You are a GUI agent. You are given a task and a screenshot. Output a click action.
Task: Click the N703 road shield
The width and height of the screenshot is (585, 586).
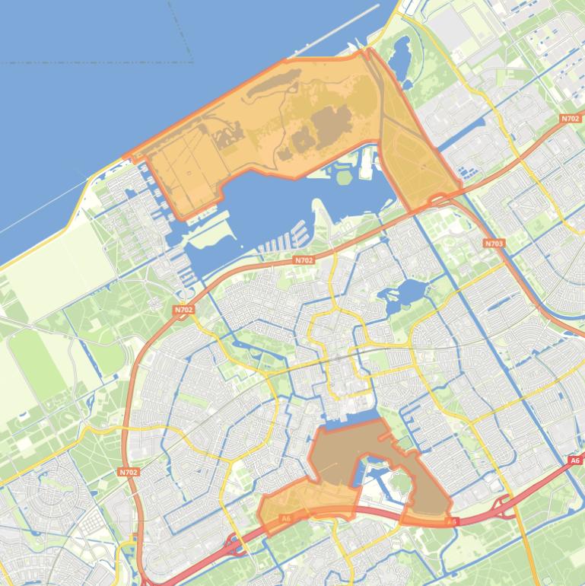pos(494,244)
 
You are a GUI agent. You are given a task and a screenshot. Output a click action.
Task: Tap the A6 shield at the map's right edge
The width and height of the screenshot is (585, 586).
pos(574,460)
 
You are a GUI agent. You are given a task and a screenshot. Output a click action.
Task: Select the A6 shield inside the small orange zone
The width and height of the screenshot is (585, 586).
pos(286,519)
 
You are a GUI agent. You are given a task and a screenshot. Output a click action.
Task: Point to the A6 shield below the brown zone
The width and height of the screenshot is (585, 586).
pos(452,522)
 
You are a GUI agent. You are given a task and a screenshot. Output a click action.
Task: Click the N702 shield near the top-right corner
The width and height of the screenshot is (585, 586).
pos(570,119)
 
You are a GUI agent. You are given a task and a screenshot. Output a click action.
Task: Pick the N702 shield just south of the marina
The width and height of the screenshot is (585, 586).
pos(304,260)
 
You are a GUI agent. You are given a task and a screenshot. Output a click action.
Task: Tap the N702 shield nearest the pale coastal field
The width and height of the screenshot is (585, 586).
pos(183,310)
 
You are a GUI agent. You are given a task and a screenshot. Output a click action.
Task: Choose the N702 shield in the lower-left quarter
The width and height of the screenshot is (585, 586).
pos(129,472)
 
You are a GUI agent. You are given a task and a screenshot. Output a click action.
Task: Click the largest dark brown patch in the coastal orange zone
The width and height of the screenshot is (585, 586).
pos(332,122)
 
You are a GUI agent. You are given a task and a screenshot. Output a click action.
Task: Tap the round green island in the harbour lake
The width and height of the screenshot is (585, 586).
pos(344,177)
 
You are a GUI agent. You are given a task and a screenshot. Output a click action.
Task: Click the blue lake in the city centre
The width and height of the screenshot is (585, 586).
pos(409,292)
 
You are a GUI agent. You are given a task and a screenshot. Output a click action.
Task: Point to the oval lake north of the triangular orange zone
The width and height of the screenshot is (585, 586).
pos(399,52)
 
